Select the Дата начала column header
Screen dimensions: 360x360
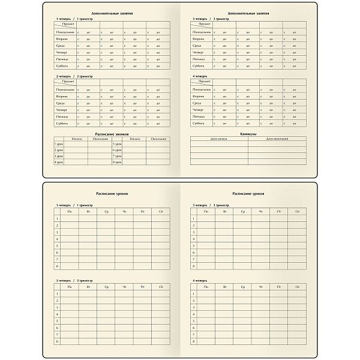coord(219,139)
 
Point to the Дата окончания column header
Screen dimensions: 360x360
coord(277,139)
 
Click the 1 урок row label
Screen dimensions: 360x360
coord(59,144)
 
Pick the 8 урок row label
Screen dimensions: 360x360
coord(117,162)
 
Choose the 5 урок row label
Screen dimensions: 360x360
coord(117,144)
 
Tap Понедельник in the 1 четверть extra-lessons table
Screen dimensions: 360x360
coord(65,31)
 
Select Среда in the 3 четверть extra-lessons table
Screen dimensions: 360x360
coord(197,46)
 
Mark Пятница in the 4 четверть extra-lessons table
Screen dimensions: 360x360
coord(199,116)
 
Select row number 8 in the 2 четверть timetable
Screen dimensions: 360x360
coord(57,341)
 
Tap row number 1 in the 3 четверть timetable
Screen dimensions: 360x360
coord(193,218)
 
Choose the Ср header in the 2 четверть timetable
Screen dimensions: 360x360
coord(106,289)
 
